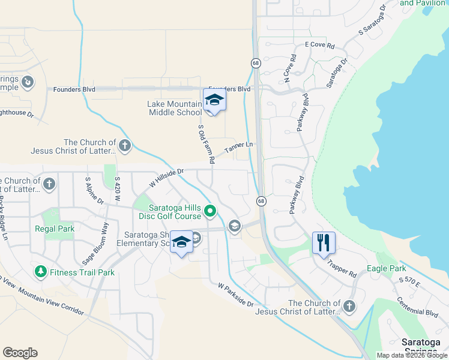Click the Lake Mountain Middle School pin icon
point(214,100)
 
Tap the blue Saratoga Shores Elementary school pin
point(181,242)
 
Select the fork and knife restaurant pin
point(324,243)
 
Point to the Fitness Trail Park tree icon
point(41,272)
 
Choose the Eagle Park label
point(386,269)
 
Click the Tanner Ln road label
point(239,148)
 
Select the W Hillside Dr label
point(165,178)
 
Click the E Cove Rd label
point(318,44)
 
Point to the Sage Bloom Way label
point(96,244)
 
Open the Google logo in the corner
point(20,353)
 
